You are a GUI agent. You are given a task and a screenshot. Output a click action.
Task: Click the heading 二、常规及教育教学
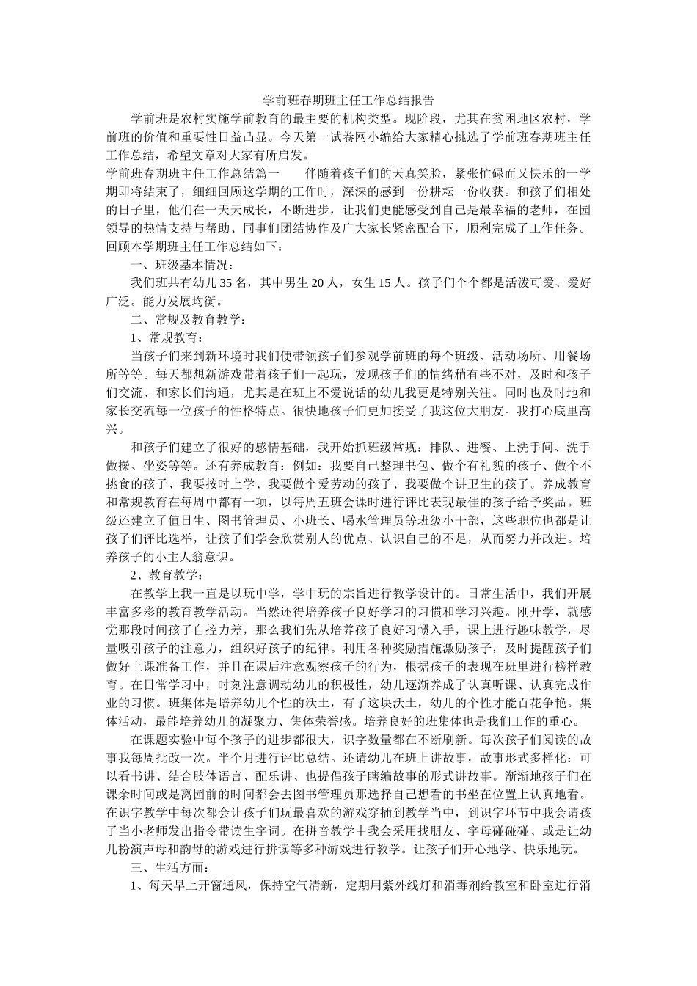tap(188, 319)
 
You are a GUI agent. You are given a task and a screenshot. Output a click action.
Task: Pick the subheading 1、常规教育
tap(166, 337)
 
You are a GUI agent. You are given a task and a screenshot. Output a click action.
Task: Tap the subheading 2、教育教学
tap(166, 575)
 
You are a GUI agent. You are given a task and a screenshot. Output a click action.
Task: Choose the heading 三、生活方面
tap(171, 868)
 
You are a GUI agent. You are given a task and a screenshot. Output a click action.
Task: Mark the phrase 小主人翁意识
tap(196, 557)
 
